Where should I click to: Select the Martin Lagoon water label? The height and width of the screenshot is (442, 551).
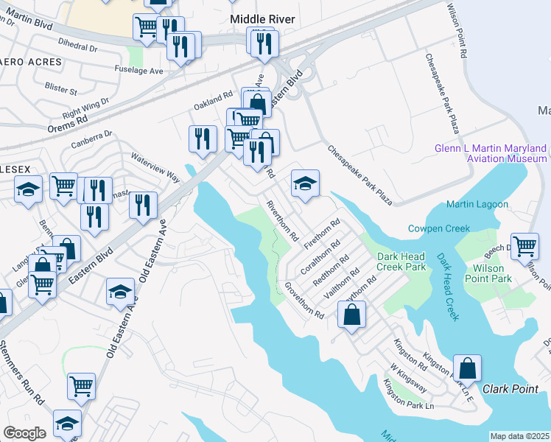[477, 204]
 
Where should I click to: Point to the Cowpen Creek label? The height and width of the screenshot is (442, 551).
[439, 228]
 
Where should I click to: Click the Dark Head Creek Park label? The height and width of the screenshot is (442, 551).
[401, 262]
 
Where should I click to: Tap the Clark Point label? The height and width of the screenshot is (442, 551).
[510, 388]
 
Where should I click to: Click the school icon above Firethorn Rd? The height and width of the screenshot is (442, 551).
[305, 183]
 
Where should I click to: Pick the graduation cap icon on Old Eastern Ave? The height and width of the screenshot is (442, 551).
[121, 292]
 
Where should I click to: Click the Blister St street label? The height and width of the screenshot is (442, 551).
[62, 91]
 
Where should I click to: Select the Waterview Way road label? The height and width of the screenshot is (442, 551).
[155, 167]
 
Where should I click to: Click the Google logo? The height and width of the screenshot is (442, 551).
[24, 433]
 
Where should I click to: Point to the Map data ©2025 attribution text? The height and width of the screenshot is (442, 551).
[519, 436]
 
